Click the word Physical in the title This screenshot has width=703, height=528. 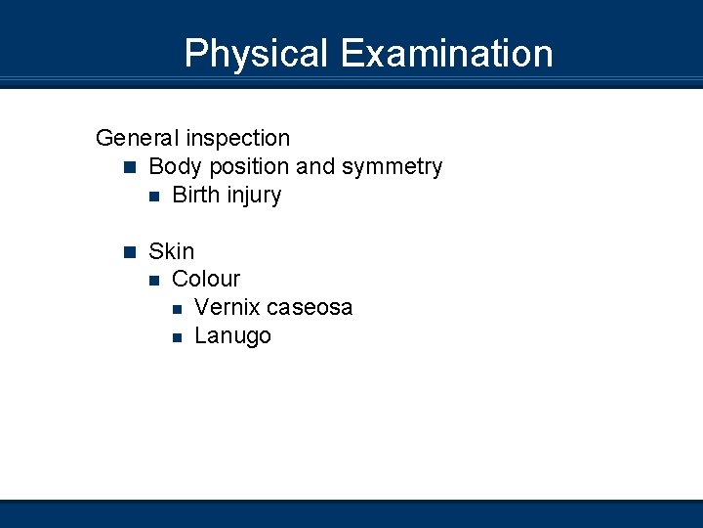(256, 53)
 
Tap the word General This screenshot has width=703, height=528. (138, 139)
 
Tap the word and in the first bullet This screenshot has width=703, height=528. (315, 167)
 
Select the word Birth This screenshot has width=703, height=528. (196, 196)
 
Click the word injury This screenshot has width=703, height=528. (254, 196)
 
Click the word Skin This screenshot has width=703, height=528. (172, 251)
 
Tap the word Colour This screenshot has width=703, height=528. (206, 280)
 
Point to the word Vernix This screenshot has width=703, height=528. (227, 308)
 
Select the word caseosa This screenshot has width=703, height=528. (310, 308)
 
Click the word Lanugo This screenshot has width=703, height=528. (233, 336)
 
